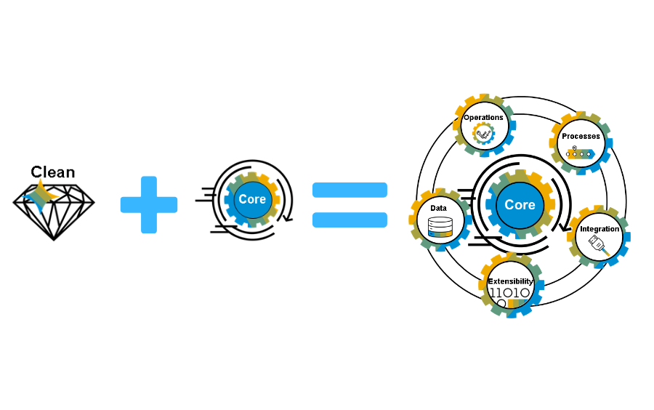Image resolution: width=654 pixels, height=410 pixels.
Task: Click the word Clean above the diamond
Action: pos(53,172)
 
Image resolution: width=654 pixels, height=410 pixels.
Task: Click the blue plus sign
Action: pos(149,205)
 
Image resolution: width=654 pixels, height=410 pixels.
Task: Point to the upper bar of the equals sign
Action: pos(350,190)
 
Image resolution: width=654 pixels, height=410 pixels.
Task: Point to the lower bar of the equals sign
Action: pos(350,220)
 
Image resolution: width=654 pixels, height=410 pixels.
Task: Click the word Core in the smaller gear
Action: pos(252,199)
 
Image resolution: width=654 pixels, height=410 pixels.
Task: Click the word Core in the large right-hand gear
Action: pos(520,205)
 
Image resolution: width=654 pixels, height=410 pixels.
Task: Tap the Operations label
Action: pos(483,118)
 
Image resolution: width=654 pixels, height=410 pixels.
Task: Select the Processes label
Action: pos(581,137)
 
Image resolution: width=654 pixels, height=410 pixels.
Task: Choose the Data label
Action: pos(438,208)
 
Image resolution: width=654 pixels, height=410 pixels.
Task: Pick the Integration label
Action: pos(599,229)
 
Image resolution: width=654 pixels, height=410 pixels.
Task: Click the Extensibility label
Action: pos(511,281)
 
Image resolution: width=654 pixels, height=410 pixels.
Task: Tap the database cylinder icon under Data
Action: pos(440,228)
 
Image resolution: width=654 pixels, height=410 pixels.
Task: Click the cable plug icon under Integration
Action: pos(599,245)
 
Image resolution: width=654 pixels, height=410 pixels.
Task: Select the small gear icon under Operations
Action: pos(483,134)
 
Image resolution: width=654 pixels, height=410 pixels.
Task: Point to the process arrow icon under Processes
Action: pos(580,153)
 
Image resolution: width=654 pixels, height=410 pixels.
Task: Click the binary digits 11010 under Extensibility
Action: pos(509,293)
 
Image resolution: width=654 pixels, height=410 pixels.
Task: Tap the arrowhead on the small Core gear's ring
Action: pos(288,218)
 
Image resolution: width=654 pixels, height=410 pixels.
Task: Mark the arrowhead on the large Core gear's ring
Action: pos(565,228)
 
